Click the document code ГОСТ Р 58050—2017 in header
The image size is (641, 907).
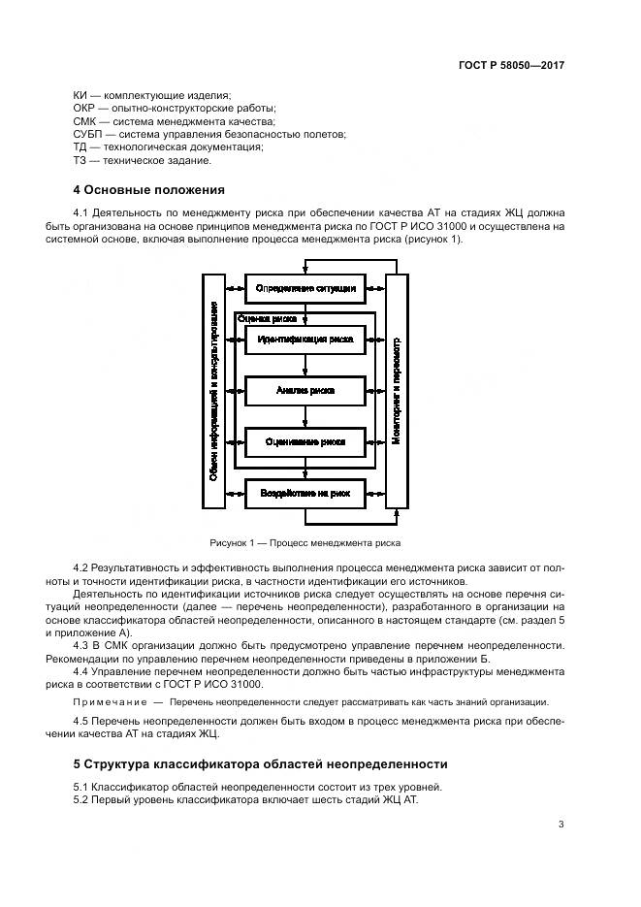511,65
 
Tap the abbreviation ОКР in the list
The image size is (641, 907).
86,109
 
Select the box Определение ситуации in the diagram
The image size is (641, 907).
305,288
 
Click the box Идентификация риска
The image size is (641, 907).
305,340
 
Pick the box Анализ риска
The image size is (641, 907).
305,390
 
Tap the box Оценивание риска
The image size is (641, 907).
305,441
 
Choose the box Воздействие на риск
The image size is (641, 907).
305,494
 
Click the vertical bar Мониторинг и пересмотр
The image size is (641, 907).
396,390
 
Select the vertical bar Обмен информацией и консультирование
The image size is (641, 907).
213,390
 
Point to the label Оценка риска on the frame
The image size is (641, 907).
267,317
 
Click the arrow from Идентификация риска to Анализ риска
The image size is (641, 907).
305,365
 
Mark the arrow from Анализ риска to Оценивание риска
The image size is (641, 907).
305,415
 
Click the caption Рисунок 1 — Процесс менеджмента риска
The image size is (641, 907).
304,543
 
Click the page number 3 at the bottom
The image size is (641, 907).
561,825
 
